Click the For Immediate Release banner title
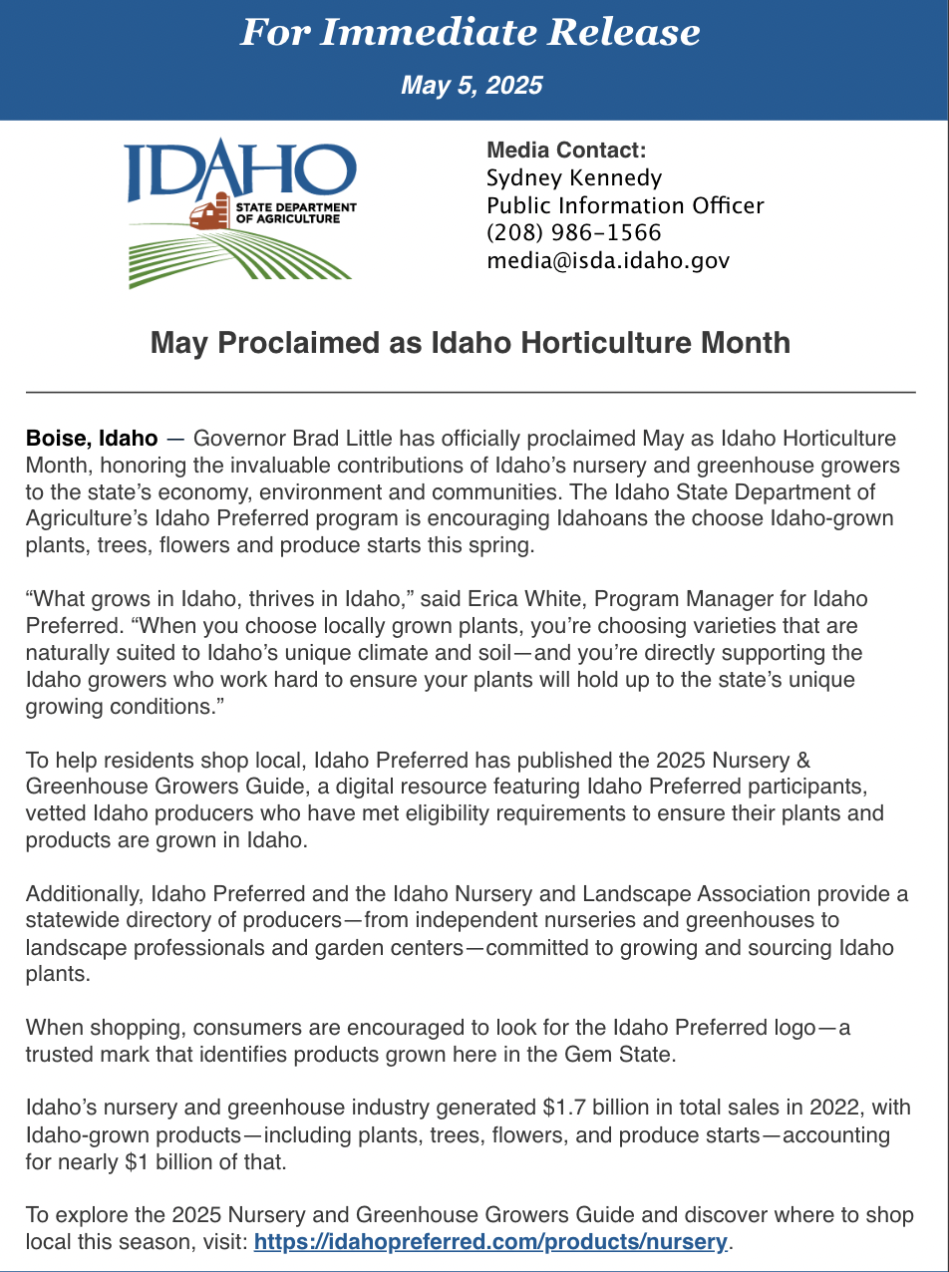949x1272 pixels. click(x=471, y=33)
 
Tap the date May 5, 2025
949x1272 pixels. click(x=472, y=85)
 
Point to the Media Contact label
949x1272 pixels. click(x=566, y=151)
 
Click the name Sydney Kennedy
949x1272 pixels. click(x=573, y=178)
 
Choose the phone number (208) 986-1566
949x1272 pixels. click(x=573, y=233)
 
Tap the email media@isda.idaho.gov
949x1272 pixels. click(x=608, y=261)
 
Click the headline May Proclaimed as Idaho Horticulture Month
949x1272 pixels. click(x=471, y=343)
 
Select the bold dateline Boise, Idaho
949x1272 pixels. click(x=91, y=438)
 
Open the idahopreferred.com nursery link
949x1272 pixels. click(x=490, y=1242)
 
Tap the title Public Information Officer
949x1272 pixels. click(x=625, y=206)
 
